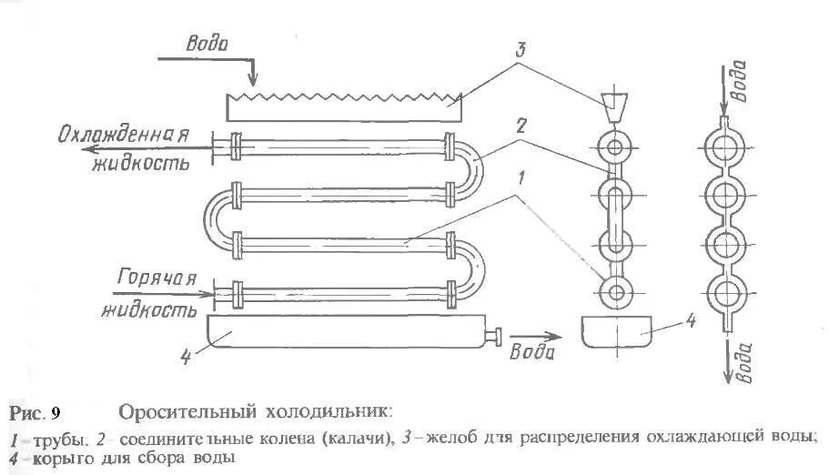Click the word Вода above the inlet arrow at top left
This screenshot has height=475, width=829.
coord(207,43)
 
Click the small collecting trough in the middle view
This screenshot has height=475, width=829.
coord(616,332)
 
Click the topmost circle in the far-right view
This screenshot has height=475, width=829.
coord(726,147)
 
